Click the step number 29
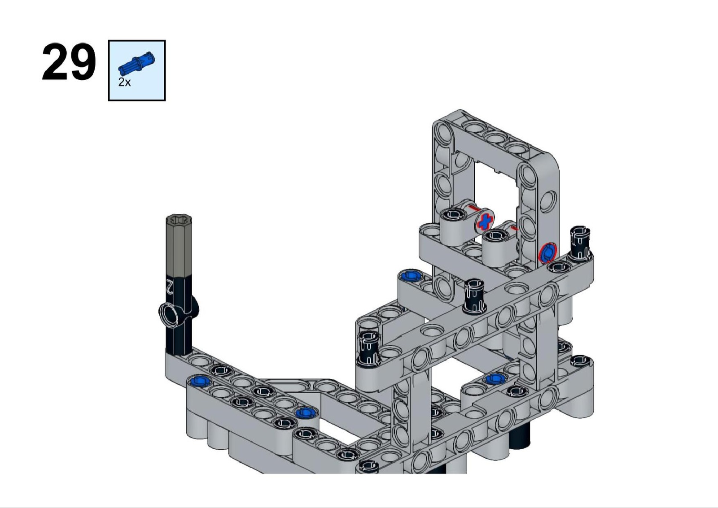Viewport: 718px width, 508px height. pyautogui.click(x=69, y=62)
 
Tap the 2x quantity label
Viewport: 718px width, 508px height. pyautogui.click(x=124, y=82)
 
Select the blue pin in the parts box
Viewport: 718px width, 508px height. pyautogui.click(x=136, y=62)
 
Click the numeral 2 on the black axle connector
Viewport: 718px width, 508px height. pyautogui.click(x=170, y=286)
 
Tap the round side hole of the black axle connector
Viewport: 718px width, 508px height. pyautogui.click(x=170, y=315)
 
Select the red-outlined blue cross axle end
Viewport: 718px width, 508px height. pyautogui.click(x=484, y=221)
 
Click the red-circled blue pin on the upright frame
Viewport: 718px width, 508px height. pyautogui.click(x=548, y=252)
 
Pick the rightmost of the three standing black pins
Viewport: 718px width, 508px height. pyautogui.click(x=580, y=242)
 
